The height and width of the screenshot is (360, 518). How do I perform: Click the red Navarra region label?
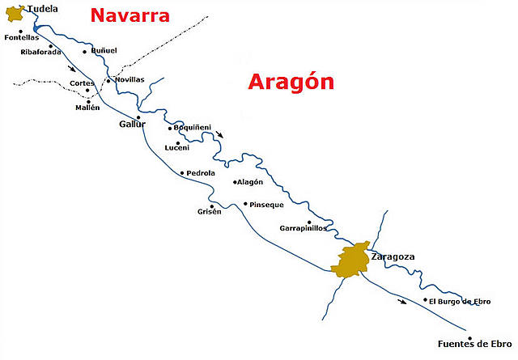129,15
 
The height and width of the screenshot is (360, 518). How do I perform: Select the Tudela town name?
43,9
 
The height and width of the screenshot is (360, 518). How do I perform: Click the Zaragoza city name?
393,256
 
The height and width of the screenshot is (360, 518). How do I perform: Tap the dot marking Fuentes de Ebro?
469,338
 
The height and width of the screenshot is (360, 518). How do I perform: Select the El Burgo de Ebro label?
459,302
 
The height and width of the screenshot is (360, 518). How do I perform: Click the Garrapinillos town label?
304,228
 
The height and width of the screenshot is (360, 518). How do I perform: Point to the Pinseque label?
267,205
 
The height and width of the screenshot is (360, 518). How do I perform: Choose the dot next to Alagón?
233,182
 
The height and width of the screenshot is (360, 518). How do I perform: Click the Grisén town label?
209,212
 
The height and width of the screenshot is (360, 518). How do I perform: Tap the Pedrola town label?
201,173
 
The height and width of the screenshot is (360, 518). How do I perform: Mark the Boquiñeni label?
193,127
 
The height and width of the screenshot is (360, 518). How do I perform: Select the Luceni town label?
176,148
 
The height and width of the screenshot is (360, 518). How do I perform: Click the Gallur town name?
132,125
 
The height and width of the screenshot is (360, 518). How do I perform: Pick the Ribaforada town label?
40,53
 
